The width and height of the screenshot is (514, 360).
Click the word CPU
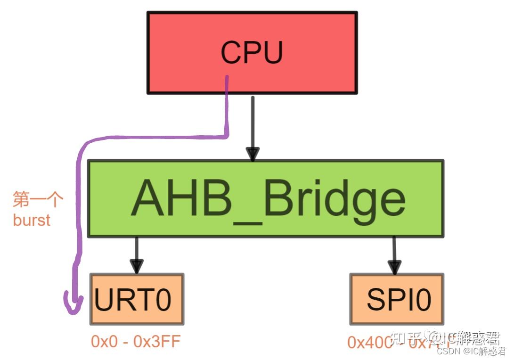coord(252,53)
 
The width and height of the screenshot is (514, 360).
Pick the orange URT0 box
coord(137,300)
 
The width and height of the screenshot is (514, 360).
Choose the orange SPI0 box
coord(397,300)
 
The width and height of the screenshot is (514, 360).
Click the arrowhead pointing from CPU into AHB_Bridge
coord(253,154)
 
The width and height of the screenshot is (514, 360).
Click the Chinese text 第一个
coord(38,200)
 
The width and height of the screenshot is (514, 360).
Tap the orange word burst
coord(32,220)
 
